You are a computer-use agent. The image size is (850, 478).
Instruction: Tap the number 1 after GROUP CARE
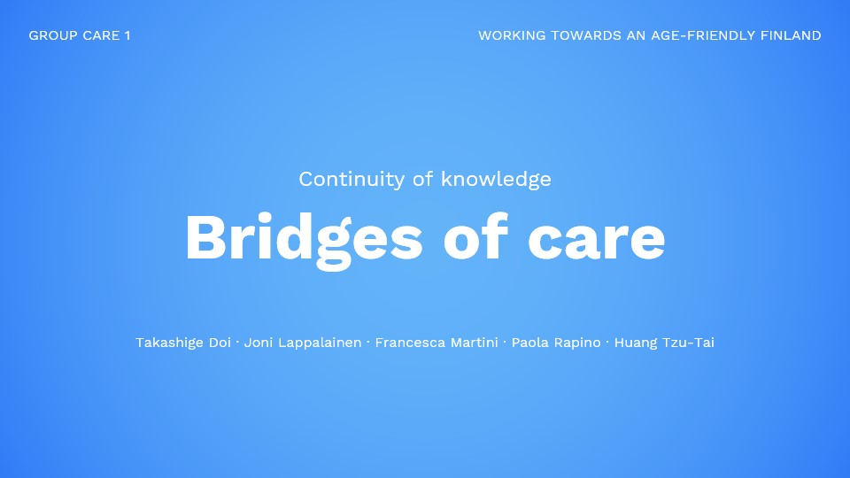tap(127, 35)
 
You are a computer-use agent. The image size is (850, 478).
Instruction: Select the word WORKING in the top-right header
tap(512, 35)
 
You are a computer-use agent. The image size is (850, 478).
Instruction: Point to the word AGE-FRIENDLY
tap(703, 35)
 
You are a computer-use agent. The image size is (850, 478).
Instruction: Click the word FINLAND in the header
tap(791, 35)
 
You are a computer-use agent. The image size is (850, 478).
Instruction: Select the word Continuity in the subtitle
tap(352, 180)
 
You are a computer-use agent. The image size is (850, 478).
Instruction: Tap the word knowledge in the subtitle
tap(496, 180)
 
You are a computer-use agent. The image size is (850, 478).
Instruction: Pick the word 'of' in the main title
tap(476, 237)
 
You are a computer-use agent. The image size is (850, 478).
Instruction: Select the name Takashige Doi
tap(183, 343)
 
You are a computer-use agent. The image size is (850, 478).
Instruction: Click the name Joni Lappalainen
tap(303, 343)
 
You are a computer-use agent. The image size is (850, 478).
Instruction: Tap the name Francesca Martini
tap(437, 343)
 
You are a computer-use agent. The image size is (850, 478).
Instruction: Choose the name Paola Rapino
tap(556, 343)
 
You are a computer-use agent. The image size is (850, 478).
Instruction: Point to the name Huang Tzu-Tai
tap(664, 343)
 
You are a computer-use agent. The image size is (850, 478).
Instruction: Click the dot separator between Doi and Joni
tap(237, 342)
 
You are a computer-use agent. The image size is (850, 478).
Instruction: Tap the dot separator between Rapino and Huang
tap(607, 342)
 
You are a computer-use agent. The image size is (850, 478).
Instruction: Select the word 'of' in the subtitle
tap(423, 179)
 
